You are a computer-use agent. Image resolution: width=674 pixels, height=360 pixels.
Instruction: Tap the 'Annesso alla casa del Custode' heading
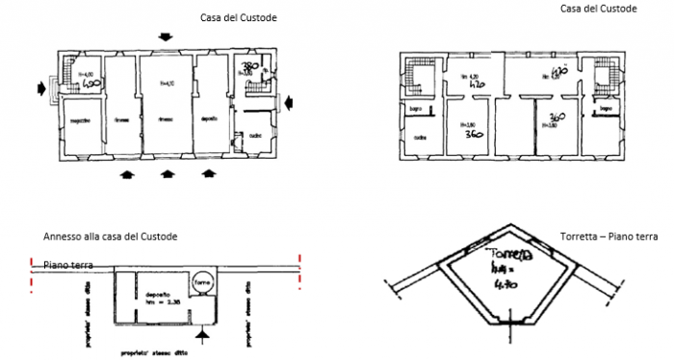click(x=110, y=237)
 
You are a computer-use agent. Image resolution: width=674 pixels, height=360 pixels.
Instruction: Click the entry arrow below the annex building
click(x=201, y=335)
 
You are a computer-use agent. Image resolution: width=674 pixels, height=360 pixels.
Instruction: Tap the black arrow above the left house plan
click(x=168, y=37)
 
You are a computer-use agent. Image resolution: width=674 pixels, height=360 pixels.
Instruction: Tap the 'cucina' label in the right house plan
click(x=421, y=138)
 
